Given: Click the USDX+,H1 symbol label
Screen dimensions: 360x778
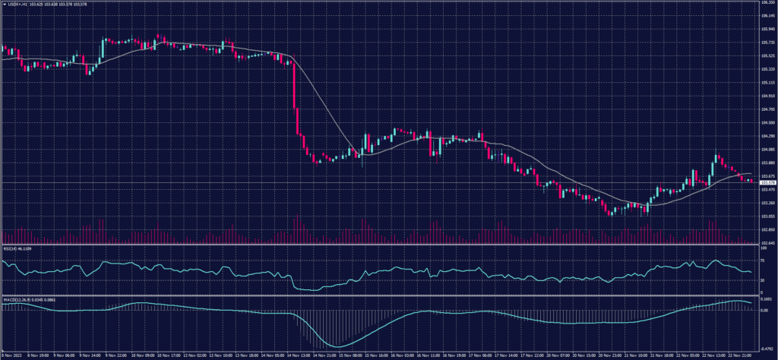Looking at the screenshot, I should [x=17, y=4].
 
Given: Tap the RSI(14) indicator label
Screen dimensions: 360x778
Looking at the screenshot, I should [x=9, y=248].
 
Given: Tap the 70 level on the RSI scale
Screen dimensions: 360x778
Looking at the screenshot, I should [x=762, y=261].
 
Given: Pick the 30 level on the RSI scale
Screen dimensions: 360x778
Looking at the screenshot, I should [x=762, y=280].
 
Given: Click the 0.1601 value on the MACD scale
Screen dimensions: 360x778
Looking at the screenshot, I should [x=766, y=299].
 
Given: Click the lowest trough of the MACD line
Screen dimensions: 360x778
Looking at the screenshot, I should [x=339, y=346].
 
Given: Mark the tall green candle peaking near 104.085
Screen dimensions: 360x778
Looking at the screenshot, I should [x=715, y=165].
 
